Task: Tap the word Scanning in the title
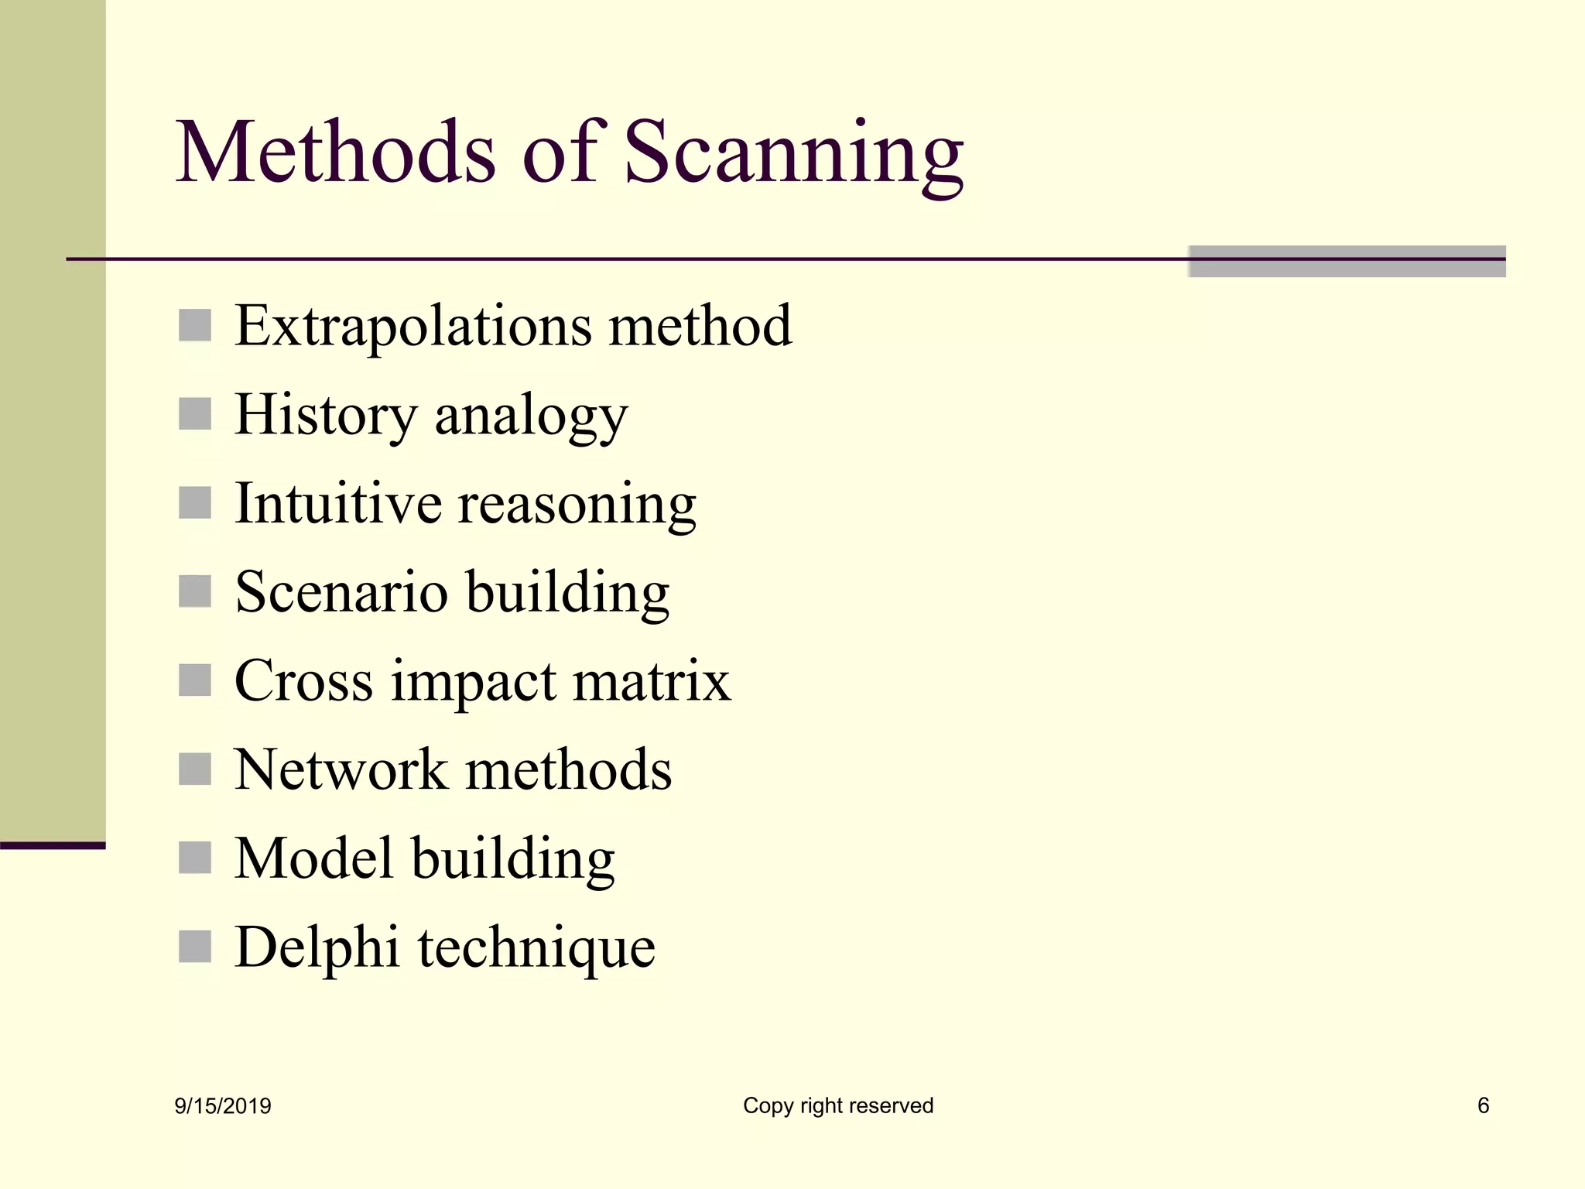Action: click(x=793, y=155)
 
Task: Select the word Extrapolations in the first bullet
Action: click(x=413, y=327)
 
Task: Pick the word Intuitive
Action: click(x=338, y=504)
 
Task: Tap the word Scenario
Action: click(x=341, y=593)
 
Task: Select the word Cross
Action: click(x=303, y=682)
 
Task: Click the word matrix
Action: click(x=652, y=682)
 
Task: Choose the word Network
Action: click(x=341, y=770)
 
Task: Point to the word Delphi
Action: click(x=317, y=947)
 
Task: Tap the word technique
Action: click(x=536, y=950)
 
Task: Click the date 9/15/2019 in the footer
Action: click(x=223, y=1106)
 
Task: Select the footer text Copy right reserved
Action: click(x=838, y=1106)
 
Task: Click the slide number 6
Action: click(x=1483, y=1105)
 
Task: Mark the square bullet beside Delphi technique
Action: click(x=194, y=946)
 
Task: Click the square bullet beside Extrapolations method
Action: click(x=194, y=325)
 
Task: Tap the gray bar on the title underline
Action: click(x=1347, y=262)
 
